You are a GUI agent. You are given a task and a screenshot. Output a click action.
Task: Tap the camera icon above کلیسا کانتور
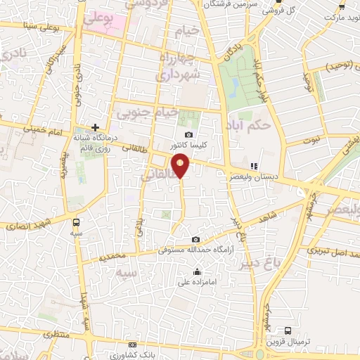coord(188,135)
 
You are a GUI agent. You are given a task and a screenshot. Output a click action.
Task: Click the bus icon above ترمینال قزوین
coord(287,330)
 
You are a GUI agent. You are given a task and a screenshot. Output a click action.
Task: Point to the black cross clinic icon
coord(95,127)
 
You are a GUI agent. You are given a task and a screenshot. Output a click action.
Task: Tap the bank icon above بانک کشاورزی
coord(133,345)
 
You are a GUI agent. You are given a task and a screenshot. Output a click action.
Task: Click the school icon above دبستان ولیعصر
coord(253,166)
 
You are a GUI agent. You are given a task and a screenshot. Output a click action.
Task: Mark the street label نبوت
coord(311,141)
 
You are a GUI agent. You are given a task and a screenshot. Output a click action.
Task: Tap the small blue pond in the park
coord(233,86)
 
